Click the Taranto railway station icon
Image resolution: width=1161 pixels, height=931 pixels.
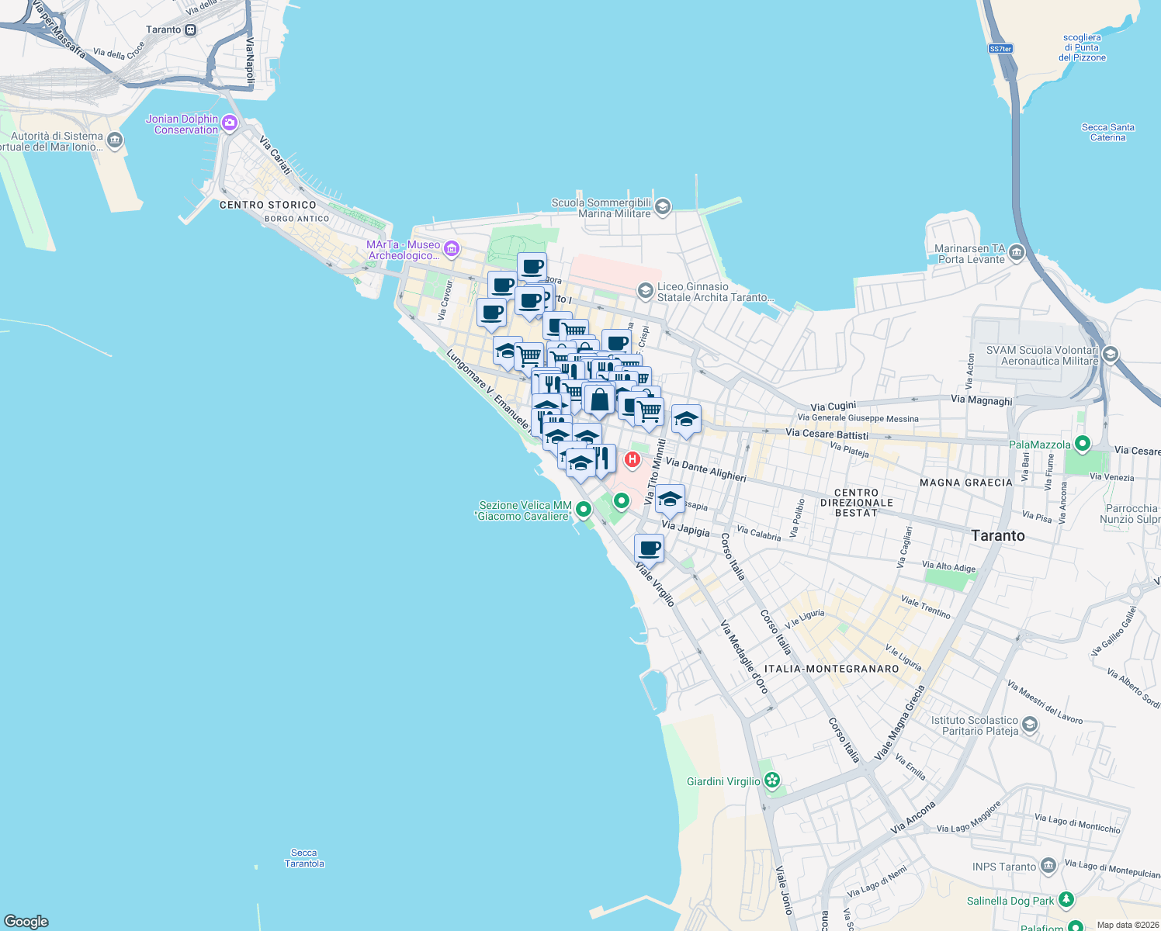click(x=191, y=29)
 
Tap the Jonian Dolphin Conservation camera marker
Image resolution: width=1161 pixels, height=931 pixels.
click(x=229, y=123)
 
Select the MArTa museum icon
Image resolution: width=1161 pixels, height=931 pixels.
click(x=452, y=249)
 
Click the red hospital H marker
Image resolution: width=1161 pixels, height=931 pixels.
click(x=632, y=459)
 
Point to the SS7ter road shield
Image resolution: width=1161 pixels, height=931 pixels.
click(x=1000, y=49)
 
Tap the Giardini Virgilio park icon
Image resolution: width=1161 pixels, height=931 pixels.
click(x=771, y=780)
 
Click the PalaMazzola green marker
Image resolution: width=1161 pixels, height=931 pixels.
click(x=1082, y=444)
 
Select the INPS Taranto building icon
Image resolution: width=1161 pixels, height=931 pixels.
click(x=1048, y=866)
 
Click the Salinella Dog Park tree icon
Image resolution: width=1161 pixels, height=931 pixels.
click(x=1066, y=900)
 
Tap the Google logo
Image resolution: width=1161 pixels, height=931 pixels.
click(x=26, y=921)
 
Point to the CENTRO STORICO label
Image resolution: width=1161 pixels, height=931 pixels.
click(x=268, y=205)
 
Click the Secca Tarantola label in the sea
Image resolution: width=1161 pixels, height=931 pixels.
click(x=304, y=858)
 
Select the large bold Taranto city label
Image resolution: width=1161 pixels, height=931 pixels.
click(x=997, y=535)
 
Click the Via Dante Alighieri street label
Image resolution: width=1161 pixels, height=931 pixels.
click(x=705, y=469)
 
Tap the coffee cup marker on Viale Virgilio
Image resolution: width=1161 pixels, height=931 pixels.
click(x=649, y=549)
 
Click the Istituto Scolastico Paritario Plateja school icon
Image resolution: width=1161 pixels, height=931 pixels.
click(x=1030, y=725)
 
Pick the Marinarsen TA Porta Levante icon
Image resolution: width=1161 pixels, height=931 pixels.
click(x=1017, y=253)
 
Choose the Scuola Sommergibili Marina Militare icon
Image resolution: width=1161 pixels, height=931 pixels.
click(x=663, y=206)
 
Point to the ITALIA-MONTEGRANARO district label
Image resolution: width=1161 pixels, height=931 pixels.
click(x=831, y=669)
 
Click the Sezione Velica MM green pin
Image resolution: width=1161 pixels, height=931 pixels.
click(x=583, y=509)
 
